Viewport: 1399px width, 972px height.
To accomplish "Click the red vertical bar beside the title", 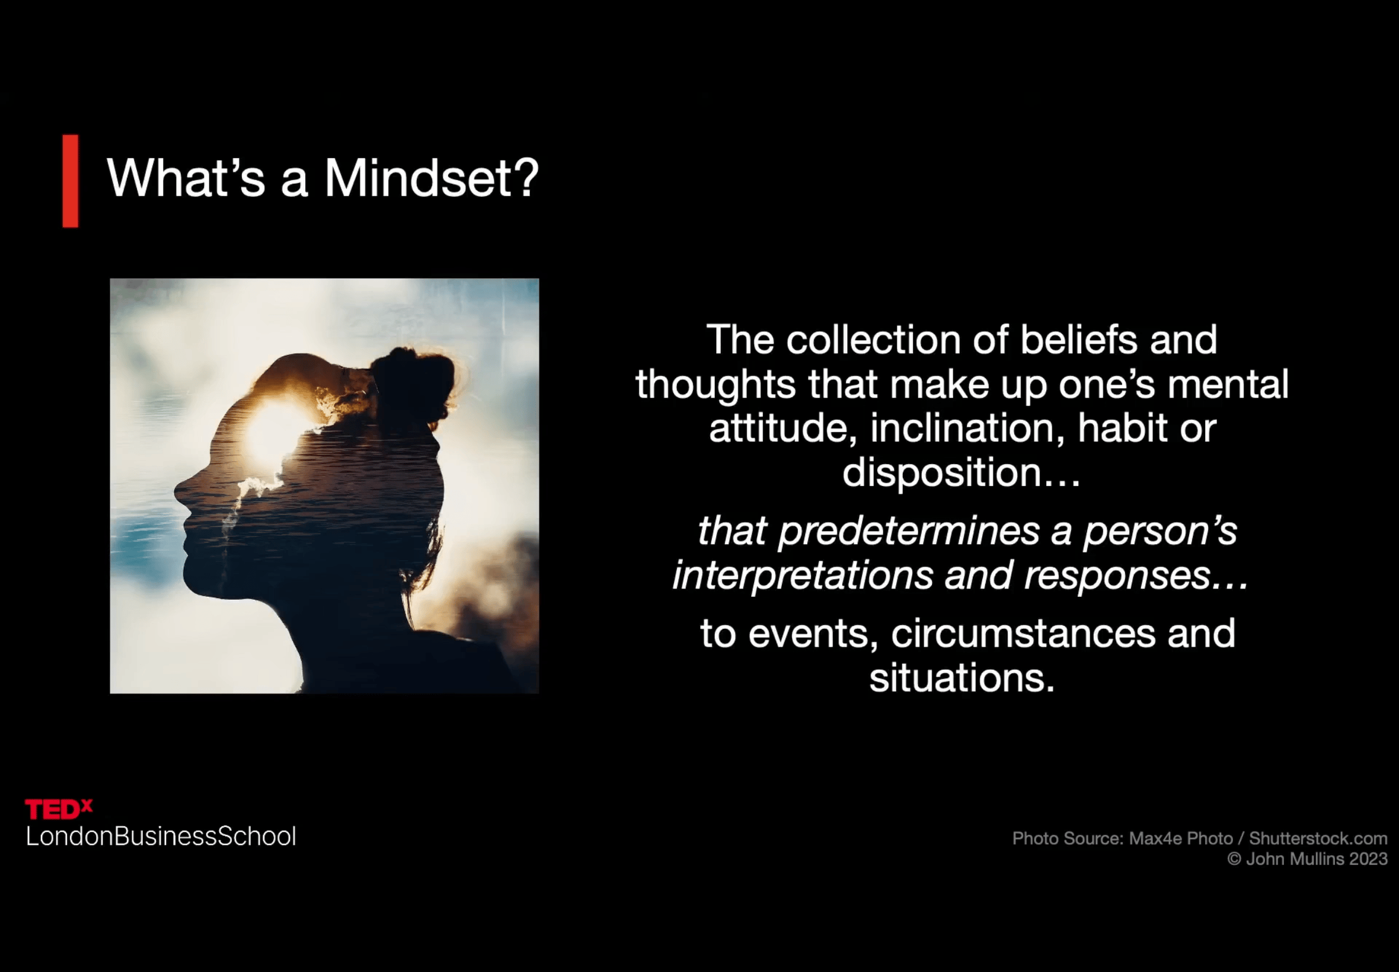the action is coord(70,181).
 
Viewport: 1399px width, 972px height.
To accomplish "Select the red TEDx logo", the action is coord(59,809).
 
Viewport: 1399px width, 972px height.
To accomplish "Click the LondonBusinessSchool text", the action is coord(161,836).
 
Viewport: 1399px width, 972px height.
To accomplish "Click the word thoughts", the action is coord(716,385).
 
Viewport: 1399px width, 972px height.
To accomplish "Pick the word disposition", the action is coord(941,472).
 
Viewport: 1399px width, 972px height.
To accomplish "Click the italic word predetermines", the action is coord(909,531).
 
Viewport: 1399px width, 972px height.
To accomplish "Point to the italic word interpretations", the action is coord(802,575).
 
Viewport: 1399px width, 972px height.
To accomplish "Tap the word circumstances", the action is coord(1023,634).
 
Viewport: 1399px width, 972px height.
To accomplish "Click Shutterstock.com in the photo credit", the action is coord(1318,839).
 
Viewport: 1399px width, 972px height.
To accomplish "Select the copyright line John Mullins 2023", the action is coord(1307,859).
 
